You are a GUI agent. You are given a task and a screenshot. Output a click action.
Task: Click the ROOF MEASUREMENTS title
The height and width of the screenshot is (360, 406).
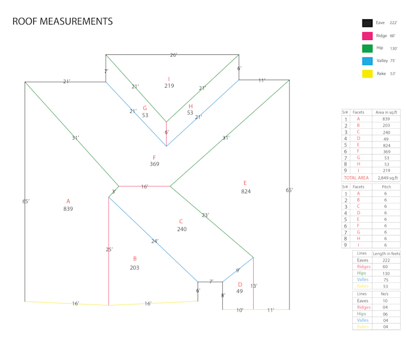click(x=63, y=21)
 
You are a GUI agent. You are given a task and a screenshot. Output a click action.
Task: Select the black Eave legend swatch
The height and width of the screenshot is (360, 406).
click(x=367, y=23)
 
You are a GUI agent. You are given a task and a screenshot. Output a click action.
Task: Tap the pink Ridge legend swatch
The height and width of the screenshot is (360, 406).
click(x=367, y=36)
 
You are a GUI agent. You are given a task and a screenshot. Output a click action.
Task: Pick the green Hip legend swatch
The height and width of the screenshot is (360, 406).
click(x=367, y=48)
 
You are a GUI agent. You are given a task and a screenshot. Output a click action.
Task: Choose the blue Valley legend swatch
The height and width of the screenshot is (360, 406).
click(x=367, y=61)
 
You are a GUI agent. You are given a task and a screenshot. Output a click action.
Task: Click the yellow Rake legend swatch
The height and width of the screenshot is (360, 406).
click(x=367, y=74)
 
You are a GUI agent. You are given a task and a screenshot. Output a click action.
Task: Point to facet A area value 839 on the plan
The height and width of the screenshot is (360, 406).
click(x=68, y=209)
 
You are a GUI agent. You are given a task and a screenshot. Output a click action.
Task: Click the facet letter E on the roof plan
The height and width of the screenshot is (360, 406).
click(x=245, y=183)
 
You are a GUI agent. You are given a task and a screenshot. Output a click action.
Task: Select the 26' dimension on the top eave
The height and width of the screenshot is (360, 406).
click(x=173, y=55)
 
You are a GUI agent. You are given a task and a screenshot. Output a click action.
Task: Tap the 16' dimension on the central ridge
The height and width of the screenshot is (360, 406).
click(x=144, y=187)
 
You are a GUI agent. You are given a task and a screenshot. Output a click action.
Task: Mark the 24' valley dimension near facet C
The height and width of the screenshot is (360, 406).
click(x=155, y=241)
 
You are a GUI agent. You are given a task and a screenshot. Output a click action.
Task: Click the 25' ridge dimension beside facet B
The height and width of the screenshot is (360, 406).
click(x=109, y=250)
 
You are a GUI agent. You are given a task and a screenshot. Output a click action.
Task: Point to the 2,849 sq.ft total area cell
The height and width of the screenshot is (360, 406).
click(x=387, y=178)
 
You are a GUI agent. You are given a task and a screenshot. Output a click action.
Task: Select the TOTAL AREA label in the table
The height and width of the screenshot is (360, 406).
click(x=356, y=178)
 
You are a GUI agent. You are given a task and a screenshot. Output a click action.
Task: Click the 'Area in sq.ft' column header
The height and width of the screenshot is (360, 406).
click(x=387, y=112)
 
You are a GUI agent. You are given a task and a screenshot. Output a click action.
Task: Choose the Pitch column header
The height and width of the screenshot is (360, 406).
click(x=386, y=186)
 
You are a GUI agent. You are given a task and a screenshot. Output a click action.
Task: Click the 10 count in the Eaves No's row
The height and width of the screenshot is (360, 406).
click(x=385, y=301)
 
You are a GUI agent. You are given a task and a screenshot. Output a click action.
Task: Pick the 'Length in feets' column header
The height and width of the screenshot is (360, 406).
click(x=386, y=254)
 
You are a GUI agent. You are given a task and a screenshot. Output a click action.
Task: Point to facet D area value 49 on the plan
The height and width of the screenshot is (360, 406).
click(x=239, y=291)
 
